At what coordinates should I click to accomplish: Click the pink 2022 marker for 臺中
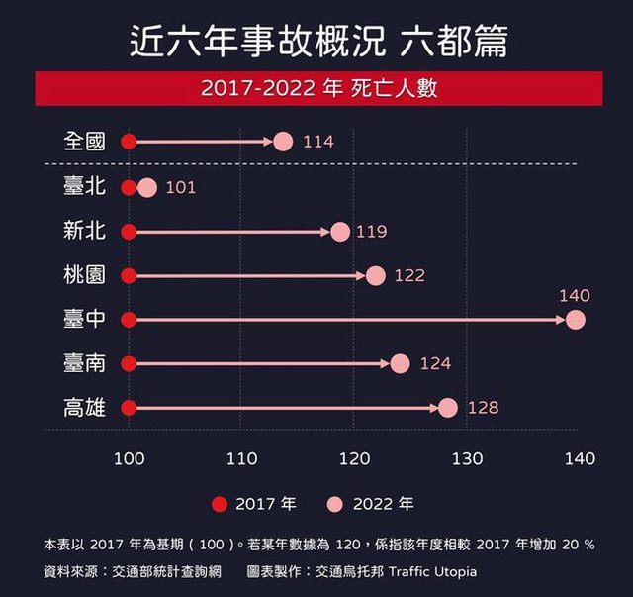click(x=576, y=320)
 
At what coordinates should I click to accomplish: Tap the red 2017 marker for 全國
click(x=128, y=142)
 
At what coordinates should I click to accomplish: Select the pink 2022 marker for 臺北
click(x=147, y=187)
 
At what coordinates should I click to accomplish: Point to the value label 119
click(x=371, y=232)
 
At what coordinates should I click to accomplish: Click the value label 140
click(x=574, y=296)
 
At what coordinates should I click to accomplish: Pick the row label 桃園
click(x=84, y=275)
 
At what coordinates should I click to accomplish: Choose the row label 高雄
click(x=84, y=408)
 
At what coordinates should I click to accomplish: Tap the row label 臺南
click(x=84, y=363)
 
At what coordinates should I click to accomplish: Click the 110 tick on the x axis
click(x=241, y=458)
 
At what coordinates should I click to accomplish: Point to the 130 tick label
click(x=467, y=458)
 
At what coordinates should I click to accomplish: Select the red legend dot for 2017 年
click(x=221, y=504)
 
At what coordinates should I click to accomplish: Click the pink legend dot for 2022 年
click(x=337, y=504)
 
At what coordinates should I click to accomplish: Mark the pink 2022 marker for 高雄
click(x=448, y=408)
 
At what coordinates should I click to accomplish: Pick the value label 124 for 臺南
click(x=435, y=364)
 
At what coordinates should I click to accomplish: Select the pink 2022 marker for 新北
click(x=340, y=232)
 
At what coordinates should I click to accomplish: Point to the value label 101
click(x=181, y=187)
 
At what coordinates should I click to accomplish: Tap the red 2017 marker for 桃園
click(x=128, y=275)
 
